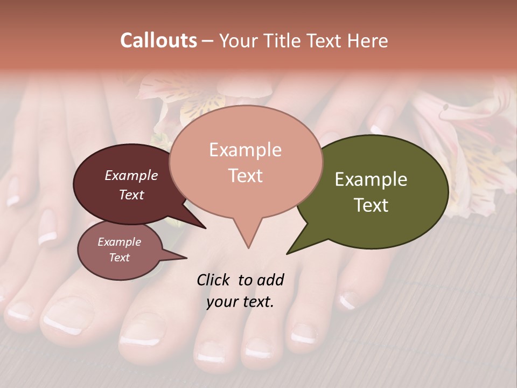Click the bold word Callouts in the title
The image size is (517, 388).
tap(158, 40)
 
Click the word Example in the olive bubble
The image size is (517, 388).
tap(371, 179)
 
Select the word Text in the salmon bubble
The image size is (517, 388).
tap(245, 176)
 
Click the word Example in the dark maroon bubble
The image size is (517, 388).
tap(131, 175)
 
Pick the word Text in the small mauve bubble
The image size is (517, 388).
tap(119, 258)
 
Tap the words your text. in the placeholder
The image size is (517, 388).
tap(240, 302)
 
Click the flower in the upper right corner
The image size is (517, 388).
tap(469, 145)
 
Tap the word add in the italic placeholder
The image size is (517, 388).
tap(270, 280)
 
